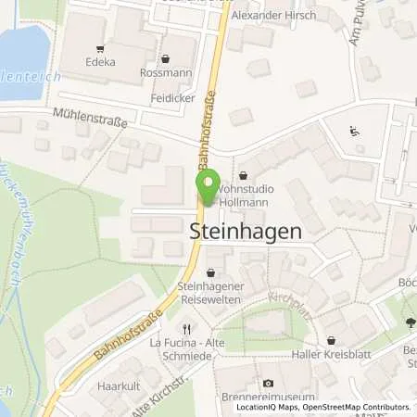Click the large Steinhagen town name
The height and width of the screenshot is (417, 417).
tap(245, 233)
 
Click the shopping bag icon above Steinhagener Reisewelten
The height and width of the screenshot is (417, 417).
tap(212, 272)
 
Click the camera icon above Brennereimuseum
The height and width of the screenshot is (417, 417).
tap(268, 383)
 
